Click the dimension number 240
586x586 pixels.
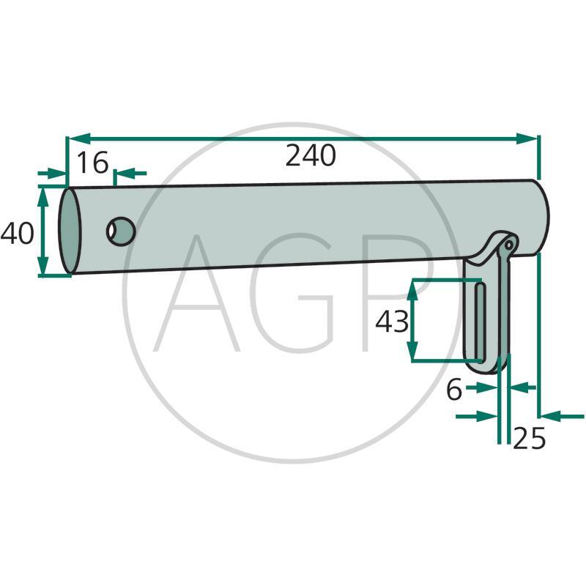tap(311, 156)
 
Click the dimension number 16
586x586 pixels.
tap(92, 163)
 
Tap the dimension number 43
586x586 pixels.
tap(391, 322)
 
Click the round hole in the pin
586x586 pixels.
tap(121, 232)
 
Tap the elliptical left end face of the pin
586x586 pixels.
tap(70, 231)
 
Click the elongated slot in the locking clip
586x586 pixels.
tap(479, 322)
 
